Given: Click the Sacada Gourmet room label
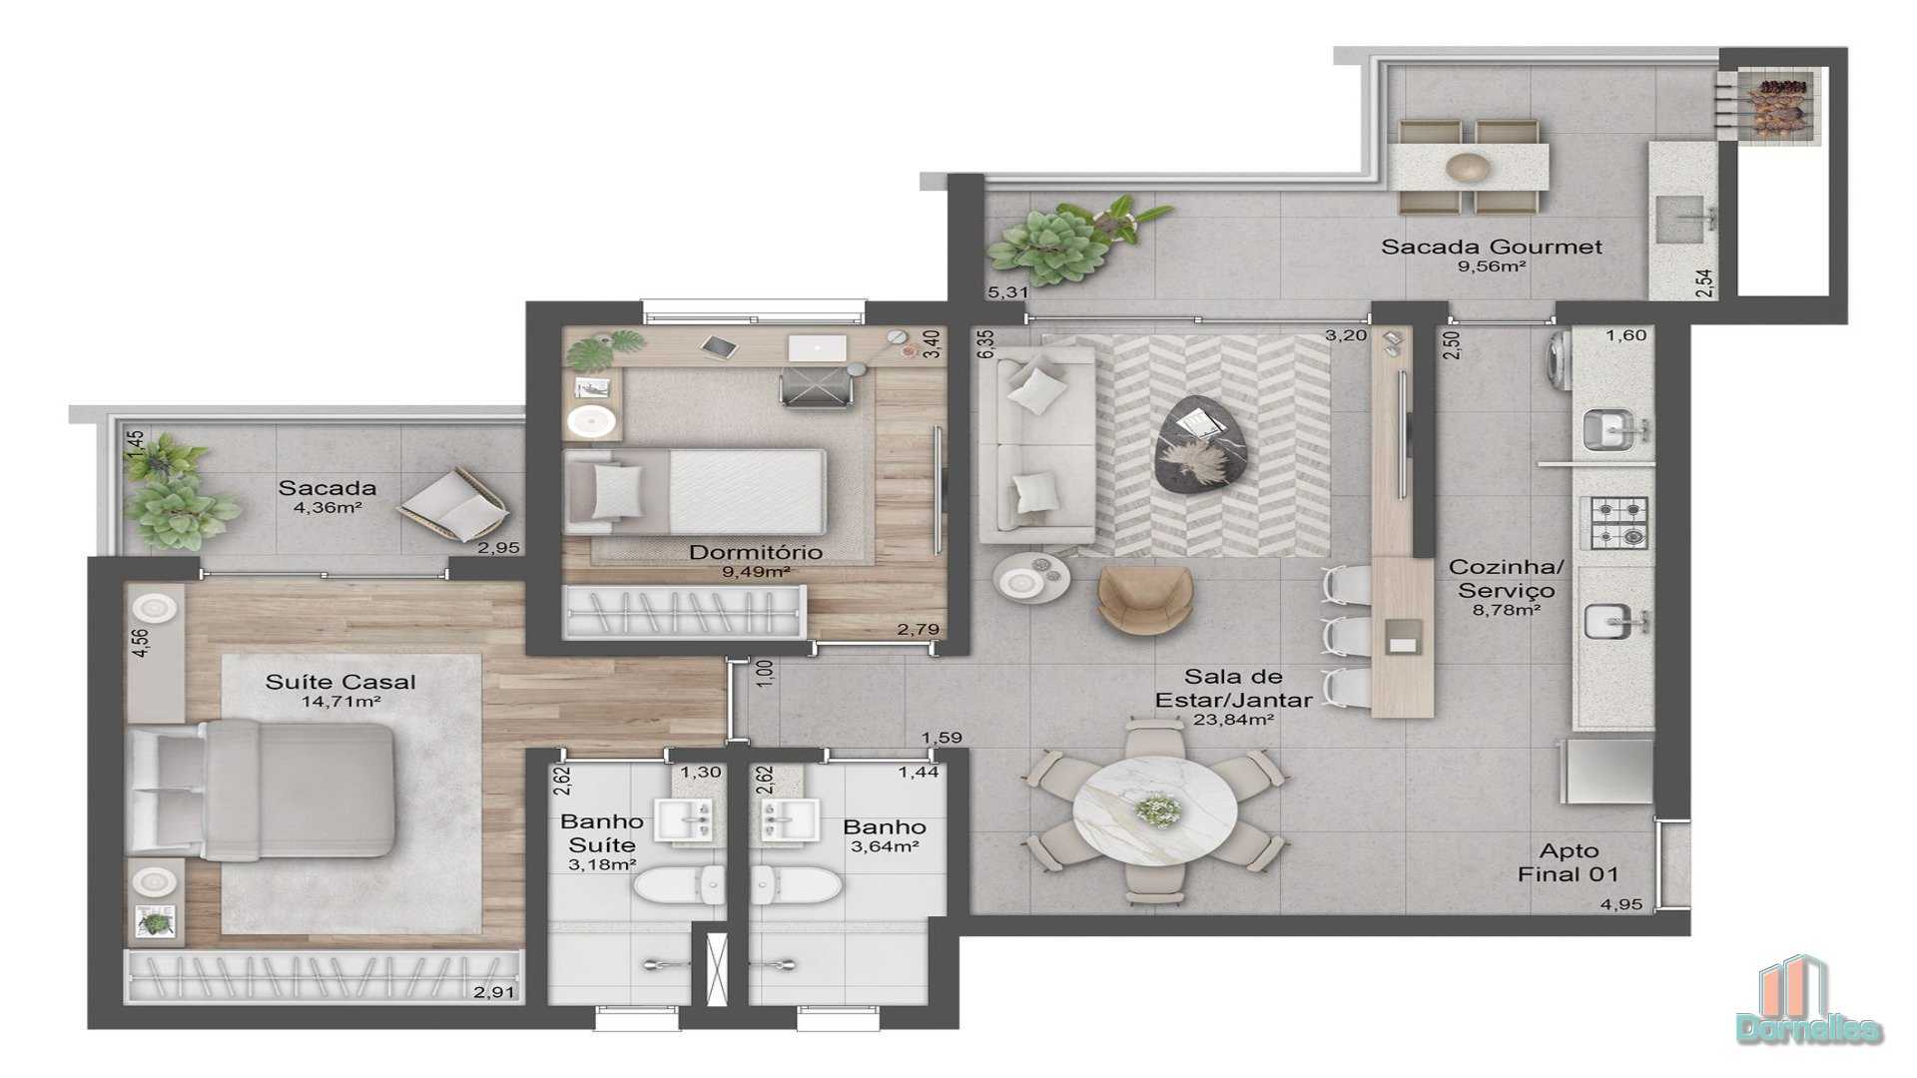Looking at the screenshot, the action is pos(1492,247).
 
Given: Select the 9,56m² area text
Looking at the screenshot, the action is pos(1492,268).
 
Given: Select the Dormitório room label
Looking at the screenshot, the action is pos(756,553).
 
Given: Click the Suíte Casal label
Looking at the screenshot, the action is pos(340,683).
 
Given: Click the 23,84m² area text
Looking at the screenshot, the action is pos(1233,720).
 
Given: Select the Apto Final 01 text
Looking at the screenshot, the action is pos(1569,863).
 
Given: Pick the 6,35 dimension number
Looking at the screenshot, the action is pos(986,344).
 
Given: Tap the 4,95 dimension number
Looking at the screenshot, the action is pos(1620,905).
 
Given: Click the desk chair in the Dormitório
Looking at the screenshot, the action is pos(815,384).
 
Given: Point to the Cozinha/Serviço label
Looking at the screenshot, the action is pos(1507,580).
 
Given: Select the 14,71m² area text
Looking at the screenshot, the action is pos(340,702).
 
